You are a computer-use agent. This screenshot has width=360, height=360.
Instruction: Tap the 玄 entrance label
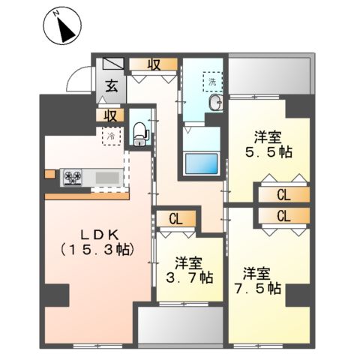(110, 85)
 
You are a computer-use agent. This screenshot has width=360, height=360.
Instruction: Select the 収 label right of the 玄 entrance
(154, 64)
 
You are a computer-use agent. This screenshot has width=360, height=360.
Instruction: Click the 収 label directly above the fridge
(110, 115)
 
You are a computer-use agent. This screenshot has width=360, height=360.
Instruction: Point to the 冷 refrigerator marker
(111, 137)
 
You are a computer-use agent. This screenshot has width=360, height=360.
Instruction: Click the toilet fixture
(139, 133)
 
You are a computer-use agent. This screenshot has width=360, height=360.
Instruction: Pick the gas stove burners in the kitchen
(73, 177)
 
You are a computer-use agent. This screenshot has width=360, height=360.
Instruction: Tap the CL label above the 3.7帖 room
(175, 220)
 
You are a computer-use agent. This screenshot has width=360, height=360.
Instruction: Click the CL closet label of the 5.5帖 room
(283, 196)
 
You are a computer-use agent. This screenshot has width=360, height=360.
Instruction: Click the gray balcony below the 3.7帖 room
(180, 325)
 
